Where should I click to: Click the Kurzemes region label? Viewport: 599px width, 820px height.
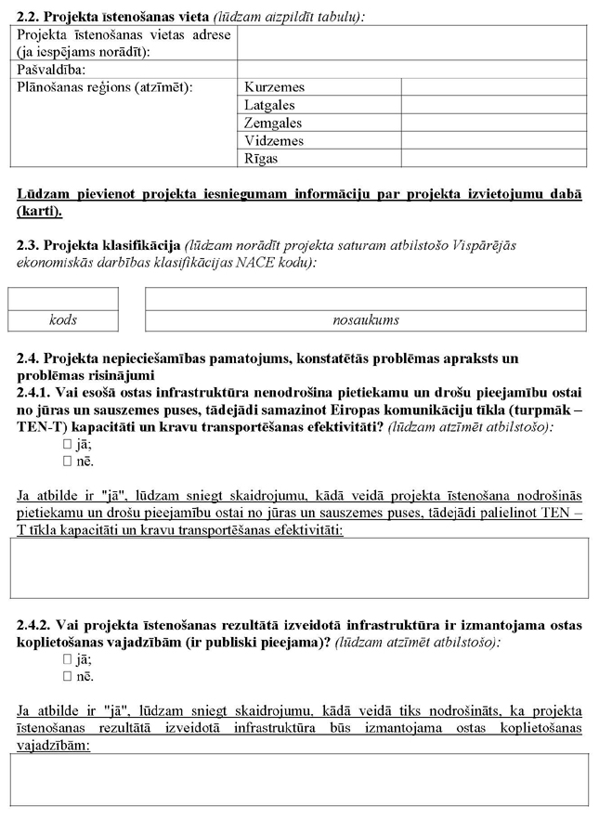[x=274, y=87]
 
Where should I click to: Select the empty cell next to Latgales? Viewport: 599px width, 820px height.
[x=493, y=105]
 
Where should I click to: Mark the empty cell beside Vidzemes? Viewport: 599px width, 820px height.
[x=493, y=141]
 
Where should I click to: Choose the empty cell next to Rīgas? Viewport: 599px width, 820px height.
[x=493, y=159]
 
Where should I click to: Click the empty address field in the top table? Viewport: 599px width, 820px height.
[x=411, y=43]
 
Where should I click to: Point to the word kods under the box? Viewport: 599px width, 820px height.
[x=63, y=320]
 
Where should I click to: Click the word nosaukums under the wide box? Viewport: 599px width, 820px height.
[x=366, y=320]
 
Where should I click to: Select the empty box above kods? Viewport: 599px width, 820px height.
[x=63, y=298]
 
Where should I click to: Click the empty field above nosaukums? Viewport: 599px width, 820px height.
[x=366, y=298]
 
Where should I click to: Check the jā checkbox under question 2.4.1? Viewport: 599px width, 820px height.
[x=67, y=444]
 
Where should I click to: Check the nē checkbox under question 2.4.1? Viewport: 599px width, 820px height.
[x=67, y=461]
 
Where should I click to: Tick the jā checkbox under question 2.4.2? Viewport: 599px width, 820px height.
[x=67, y=658]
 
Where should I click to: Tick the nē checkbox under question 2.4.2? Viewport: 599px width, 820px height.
[x=67, y=675]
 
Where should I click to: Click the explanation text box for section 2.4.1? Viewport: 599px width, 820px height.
[x=299, y=567]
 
